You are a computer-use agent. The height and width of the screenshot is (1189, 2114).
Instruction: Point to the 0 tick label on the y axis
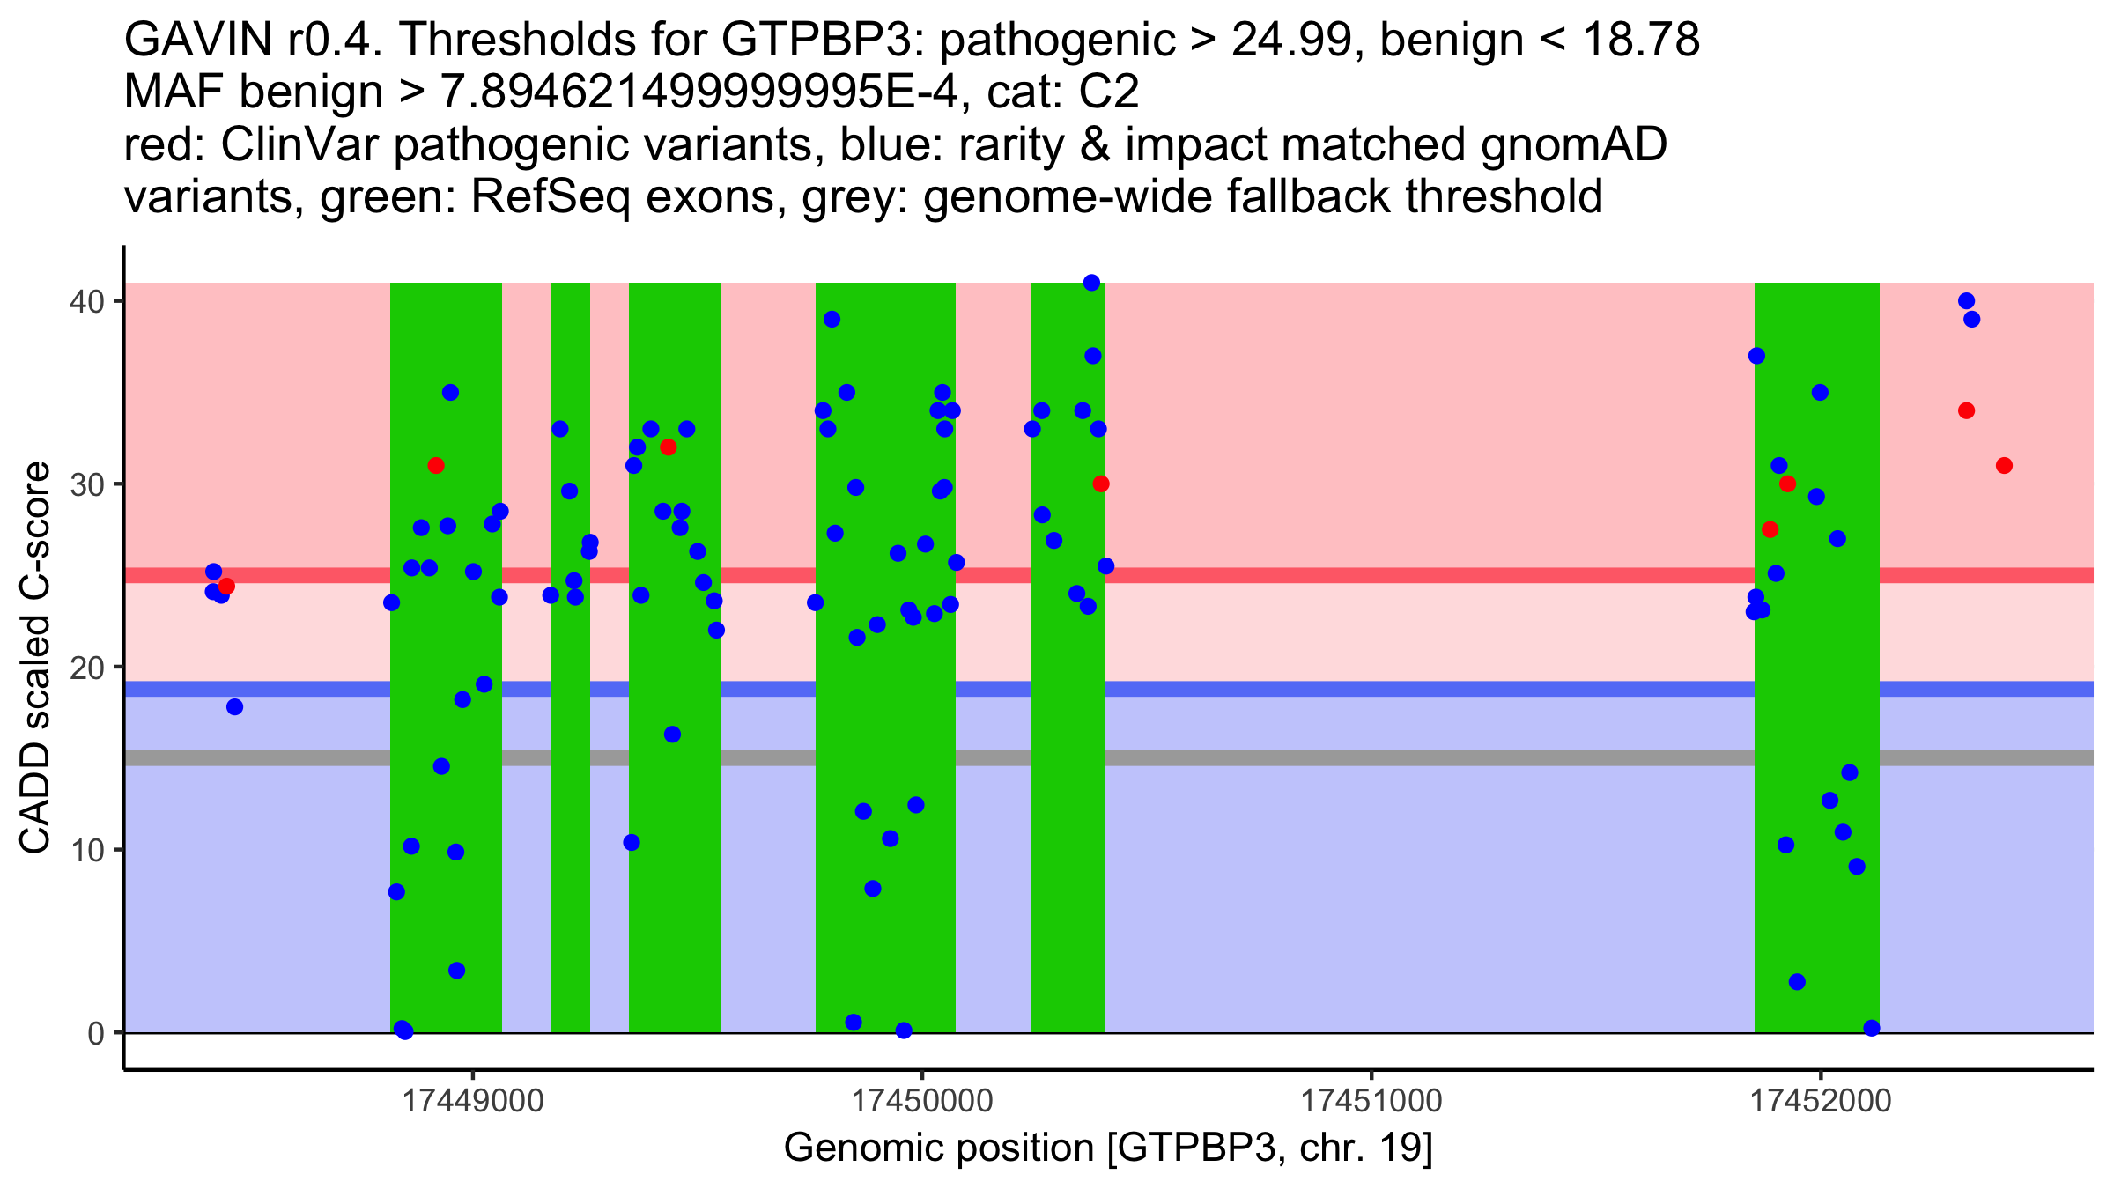(95, 1033)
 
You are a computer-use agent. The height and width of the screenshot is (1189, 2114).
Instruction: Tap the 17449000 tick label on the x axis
(473, 1101)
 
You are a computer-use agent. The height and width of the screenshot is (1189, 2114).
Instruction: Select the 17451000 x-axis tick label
(1371, 1101)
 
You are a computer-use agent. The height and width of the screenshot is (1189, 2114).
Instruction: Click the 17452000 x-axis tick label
(1820, 1101)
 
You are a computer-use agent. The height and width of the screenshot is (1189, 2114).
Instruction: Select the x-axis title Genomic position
(1108, 1148)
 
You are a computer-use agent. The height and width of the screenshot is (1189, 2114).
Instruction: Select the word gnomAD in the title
(1573, 144)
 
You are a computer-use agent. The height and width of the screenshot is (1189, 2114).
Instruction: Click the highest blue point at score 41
(1091, 283)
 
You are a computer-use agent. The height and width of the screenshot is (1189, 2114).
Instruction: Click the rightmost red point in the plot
(2004, 465)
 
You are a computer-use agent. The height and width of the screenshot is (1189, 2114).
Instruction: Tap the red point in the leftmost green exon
(435, 465)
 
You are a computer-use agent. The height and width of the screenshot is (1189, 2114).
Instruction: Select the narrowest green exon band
(570, 657)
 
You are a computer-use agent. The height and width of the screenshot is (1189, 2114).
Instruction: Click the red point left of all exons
(226, 586)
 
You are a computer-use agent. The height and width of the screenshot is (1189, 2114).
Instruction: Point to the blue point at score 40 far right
(1966, 301)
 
